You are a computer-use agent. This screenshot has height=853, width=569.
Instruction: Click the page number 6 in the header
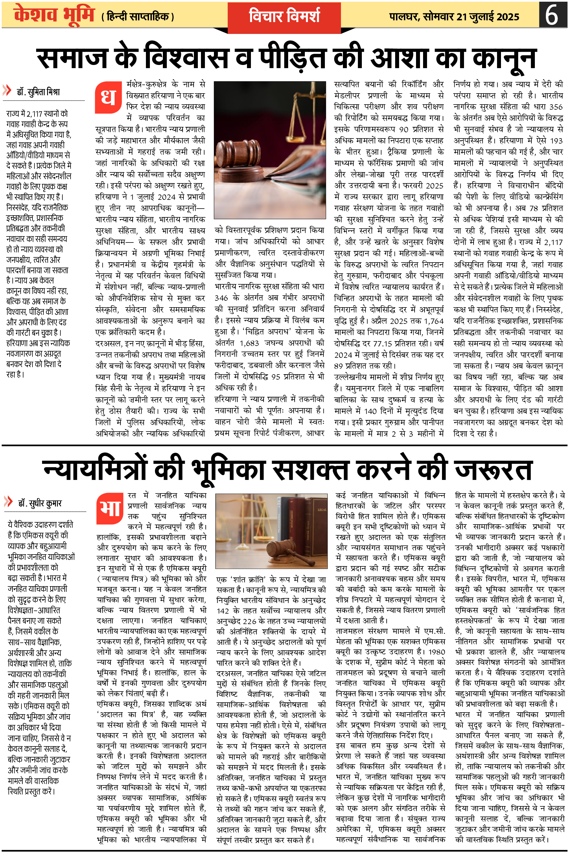click(x=552, y=15)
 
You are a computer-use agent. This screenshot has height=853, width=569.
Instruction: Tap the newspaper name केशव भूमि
click(x=54, y=15)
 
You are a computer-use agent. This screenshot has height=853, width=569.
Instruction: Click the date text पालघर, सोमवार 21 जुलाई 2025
click(x=454, y=17)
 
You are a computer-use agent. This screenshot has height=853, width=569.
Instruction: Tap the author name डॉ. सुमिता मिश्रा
click(x=38, y=92)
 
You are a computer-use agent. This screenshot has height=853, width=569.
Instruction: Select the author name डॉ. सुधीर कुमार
click(x=40, y=503)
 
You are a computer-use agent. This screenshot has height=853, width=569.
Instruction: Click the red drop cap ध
click(x=108, y=98)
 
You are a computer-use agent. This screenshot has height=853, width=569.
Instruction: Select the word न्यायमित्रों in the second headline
click(x=94, y=470)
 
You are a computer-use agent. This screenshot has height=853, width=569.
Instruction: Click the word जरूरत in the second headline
click(x=494, y=470)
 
